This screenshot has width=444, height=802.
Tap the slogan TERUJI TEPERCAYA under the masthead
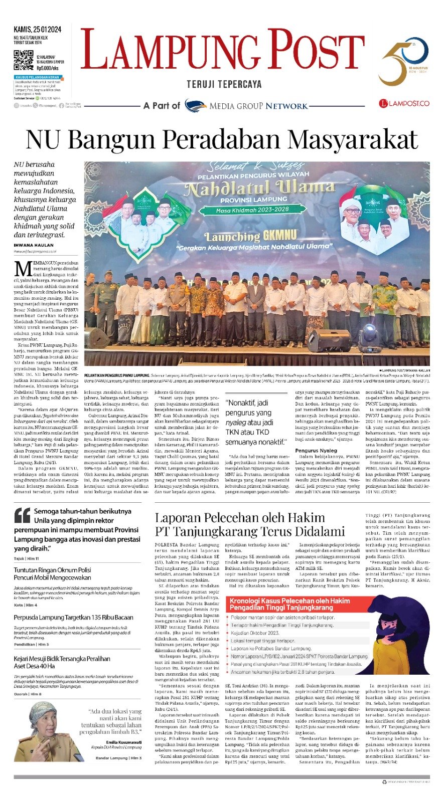pos(224,84)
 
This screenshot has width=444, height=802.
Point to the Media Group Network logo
pos(246,106)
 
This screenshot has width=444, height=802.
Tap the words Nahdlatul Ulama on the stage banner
pos(259,189)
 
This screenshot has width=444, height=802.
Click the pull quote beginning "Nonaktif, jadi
pos(256,422)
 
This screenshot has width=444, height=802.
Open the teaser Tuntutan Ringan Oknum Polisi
pos(52,574)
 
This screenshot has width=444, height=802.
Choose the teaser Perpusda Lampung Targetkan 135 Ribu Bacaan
pos(73,618)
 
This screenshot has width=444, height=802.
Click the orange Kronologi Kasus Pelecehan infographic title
pos(289,604)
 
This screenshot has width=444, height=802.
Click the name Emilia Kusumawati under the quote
pos(123,742)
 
